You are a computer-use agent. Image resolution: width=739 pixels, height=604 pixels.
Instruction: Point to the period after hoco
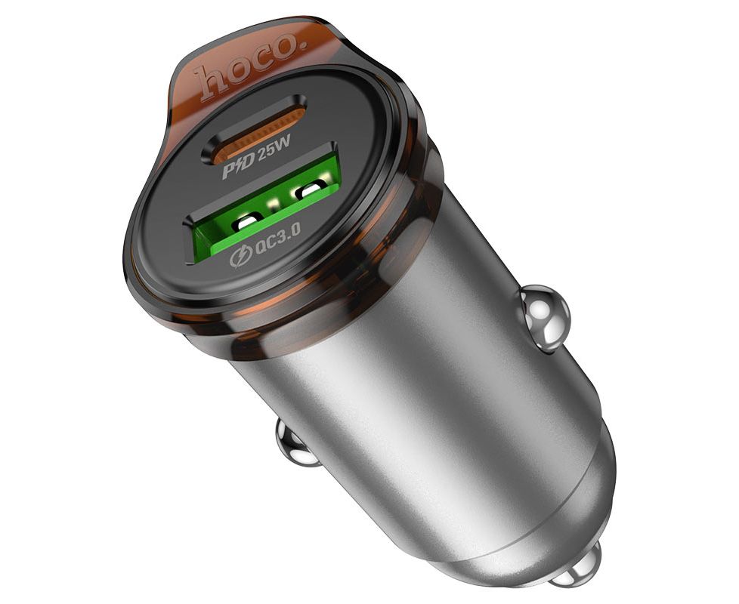[304, 44]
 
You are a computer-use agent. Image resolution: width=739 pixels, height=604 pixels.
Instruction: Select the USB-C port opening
[254, 128]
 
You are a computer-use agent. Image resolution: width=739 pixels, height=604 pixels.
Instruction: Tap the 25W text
[274, 146]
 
